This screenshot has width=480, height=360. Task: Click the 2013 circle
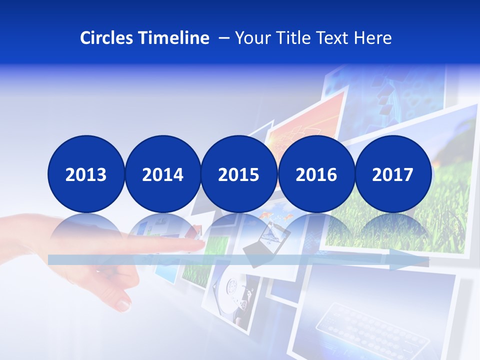[86, 174]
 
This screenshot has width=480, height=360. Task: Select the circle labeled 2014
[162, 174]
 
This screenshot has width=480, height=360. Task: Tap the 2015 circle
[239, 174]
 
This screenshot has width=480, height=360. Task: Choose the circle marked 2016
[316, 174]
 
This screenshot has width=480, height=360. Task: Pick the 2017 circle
[392, 174]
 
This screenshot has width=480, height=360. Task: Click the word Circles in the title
[107, 38]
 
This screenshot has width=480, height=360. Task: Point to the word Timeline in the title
[174, 38]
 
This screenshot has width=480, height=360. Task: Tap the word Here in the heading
[373, 38]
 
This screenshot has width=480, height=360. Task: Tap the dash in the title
[224, 38]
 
